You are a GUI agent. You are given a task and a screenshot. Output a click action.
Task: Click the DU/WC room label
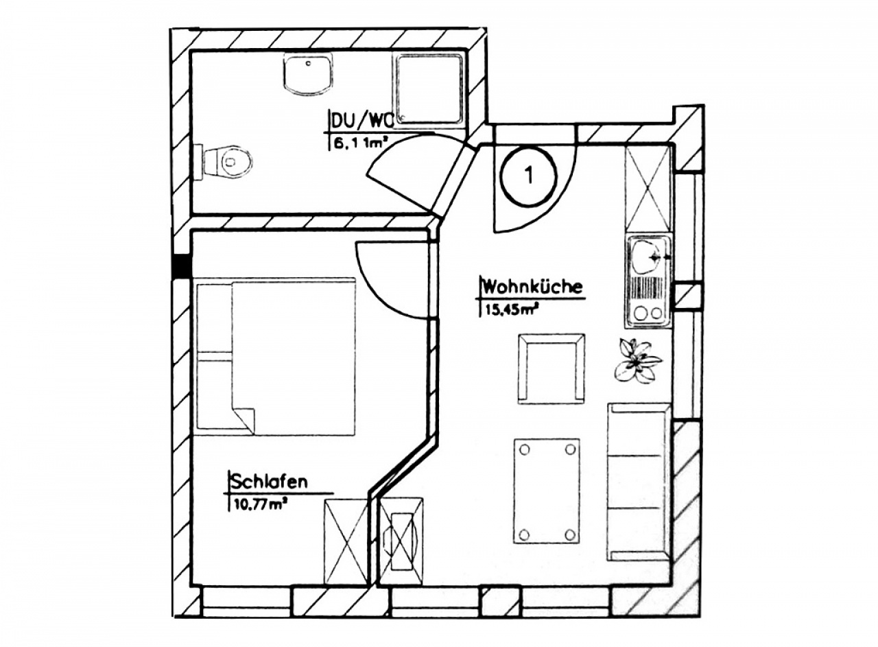pos(361,121)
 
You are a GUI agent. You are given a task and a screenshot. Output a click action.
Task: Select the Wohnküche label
pos(533,287)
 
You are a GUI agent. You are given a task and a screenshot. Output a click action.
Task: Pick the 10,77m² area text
pos(260,505)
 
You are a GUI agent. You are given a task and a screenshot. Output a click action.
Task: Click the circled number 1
pos(527,176)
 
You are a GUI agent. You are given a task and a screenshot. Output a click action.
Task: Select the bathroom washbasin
pos(308,74)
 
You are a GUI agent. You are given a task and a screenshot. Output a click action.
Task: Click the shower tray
pos(429,90)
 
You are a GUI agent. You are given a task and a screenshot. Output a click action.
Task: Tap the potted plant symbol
pos(637,361)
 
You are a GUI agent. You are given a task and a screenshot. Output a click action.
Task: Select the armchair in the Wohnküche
pos(551,368)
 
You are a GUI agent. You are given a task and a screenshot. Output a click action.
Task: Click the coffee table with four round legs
pos(547,491)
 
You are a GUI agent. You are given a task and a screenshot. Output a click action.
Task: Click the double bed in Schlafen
pos(275,357)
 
